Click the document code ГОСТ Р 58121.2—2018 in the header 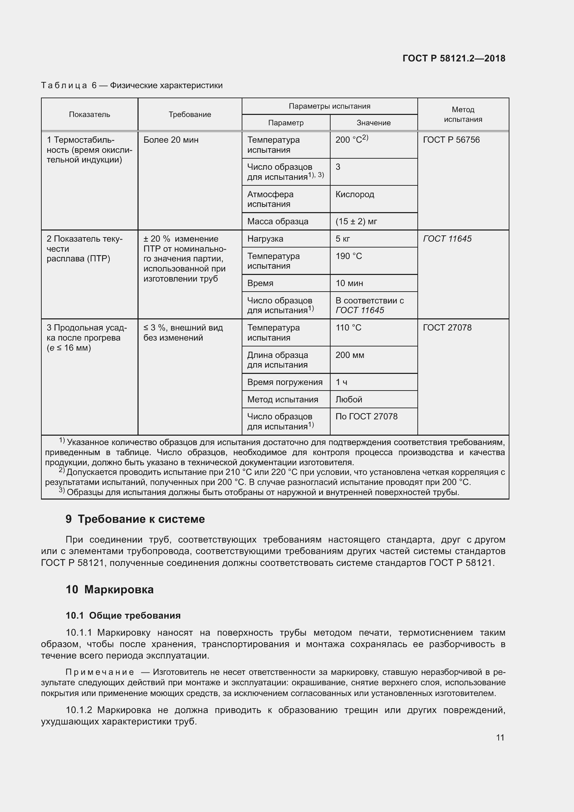(454, 58)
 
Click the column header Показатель (90, 115)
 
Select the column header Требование (190, 115)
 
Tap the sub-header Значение (374, 123)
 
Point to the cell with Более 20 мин (171, 140)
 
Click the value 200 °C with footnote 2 (351, 140)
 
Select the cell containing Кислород (355, 194)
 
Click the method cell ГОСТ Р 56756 (451, 140)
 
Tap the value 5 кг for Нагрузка (343, 239)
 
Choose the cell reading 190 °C (349, 256)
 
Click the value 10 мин (349, 283)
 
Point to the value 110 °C (348, 328)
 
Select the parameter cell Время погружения (285, 382)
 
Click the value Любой (349, 400)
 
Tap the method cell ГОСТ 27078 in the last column (447, 328)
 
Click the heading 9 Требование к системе (135, 519)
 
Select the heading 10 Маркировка (110, 589)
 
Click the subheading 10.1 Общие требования (123, 616)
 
